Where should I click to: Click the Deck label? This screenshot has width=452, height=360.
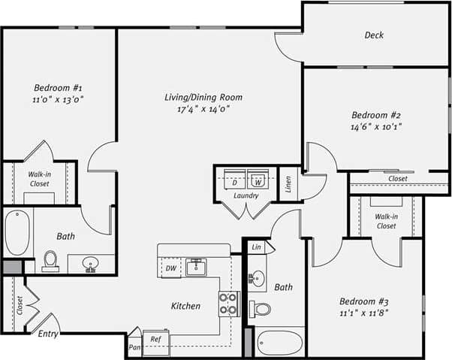[x=374, y=35]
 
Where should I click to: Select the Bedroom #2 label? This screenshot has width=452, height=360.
[x=376, y=116]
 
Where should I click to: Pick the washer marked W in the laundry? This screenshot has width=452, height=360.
[x=258, y=181]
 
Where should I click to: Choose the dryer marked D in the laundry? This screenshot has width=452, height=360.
[x=234, y=181]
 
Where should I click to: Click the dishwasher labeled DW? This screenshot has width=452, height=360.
[x=171, y=268]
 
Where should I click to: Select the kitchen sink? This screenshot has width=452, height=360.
[x=197, y=267]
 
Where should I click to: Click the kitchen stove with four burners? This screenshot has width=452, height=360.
[x=228, y=303]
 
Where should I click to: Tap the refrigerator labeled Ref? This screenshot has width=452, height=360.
[x=156, y=340]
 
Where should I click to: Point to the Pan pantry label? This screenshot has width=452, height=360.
[x=134, y=347]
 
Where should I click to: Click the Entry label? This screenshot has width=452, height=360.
[x=49, y=334]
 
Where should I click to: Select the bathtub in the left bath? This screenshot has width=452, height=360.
[x=17, y=232]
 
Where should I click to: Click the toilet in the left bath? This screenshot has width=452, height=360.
[x=51, y=259]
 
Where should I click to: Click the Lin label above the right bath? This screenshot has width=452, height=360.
[x=257, y=247]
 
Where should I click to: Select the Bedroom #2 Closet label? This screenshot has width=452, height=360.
[x=398, y=179]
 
